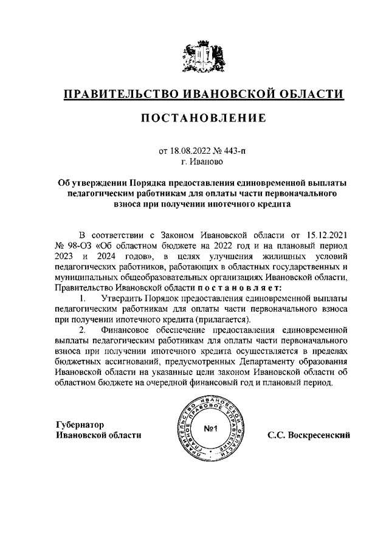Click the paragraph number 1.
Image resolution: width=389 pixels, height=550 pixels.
pos(83,298)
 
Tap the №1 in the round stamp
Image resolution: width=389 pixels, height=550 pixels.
pos(210,430)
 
